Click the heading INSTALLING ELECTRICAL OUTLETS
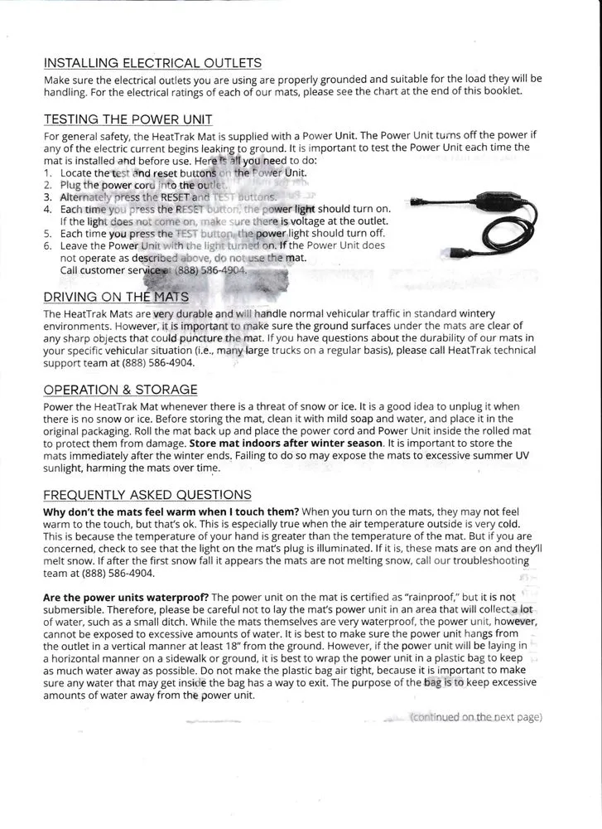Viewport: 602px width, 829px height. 152,63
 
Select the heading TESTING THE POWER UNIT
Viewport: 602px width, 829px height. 128,119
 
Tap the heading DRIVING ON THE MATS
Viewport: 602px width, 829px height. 116,297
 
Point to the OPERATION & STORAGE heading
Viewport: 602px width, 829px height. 120,390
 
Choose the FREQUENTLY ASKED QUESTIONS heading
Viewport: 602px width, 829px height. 147,495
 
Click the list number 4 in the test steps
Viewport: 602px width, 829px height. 48,210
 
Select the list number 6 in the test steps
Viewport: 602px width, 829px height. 48,245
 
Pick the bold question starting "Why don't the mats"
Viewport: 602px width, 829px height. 171,512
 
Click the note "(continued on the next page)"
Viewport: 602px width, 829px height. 476,716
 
